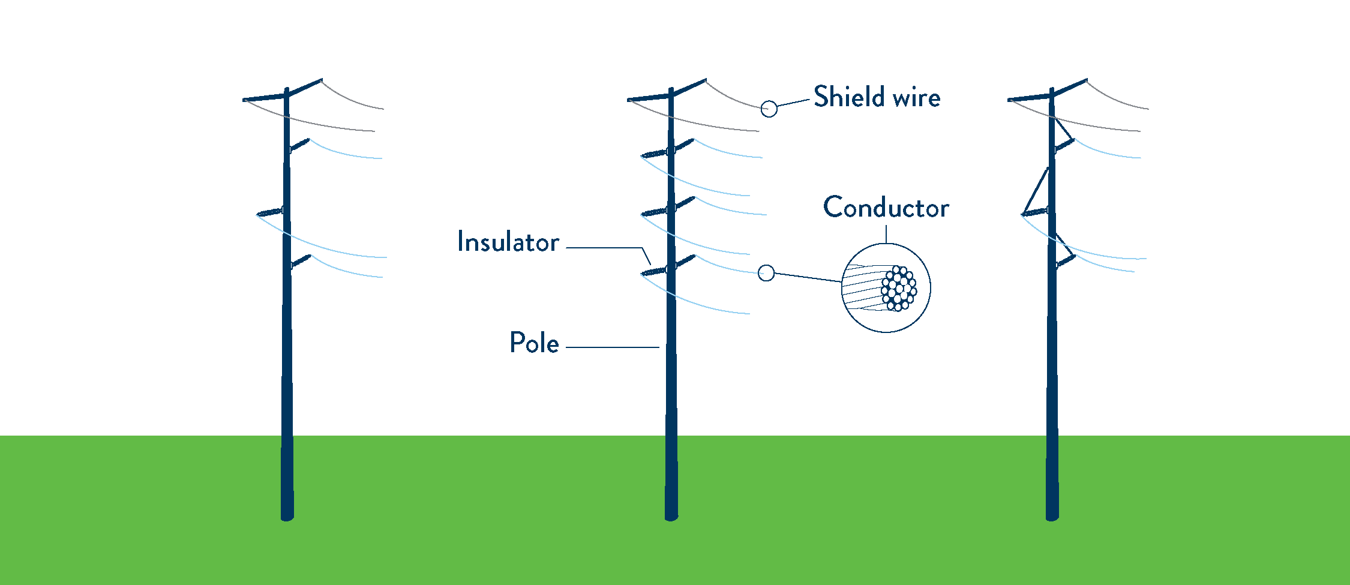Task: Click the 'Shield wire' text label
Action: point(877,97)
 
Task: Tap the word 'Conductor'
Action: point(886,208)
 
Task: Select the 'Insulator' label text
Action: point(508,242)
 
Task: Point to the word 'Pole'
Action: point(534,343)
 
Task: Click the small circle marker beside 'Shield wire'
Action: point(769,109)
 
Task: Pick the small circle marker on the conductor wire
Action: point(766,273)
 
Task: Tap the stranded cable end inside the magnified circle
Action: point(899,289)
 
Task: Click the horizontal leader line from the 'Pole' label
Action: point(612,347)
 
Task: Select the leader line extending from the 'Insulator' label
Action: point(606,247)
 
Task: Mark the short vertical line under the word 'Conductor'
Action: point(886,234)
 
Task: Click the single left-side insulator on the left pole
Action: point(269,212)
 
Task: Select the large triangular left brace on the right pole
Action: point(1036,192)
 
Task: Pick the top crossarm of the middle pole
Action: point(666,93)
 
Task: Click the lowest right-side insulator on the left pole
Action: point(301,262)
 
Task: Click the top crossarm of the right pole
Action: point(1047,93)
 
